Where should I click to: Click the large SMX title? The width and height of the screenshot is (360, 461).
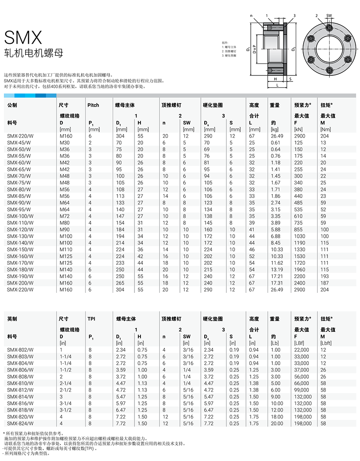[x=23, y=38]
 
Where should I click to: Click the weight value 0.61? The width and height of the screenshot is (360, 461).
[x=275, y=143]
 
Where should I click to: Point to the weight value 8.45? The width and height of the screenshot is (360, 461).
[x=275, y=243]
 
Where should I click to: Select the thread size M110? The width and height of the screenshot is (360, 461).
[x=66, y=250]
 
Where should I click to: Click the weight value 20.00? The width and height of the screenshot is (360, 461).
[x=276, y=423]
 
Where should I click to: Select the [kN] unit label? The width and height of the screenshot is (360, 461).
[x=299, y=129]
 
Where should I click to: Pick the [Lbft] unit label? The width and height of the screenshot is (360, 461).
[x=326, y=343]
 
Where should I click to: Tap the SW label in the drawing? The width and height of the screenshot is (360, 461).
[x=329, y=16]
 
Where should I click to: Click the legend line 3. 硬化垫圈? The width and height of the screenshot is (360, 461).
[x=229, y=56]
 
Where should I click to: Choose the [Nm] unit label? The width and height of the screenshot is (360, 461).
[x=325, y=129]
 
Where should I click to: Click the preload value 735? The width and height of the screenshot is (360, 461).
[x=298, y=223]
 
